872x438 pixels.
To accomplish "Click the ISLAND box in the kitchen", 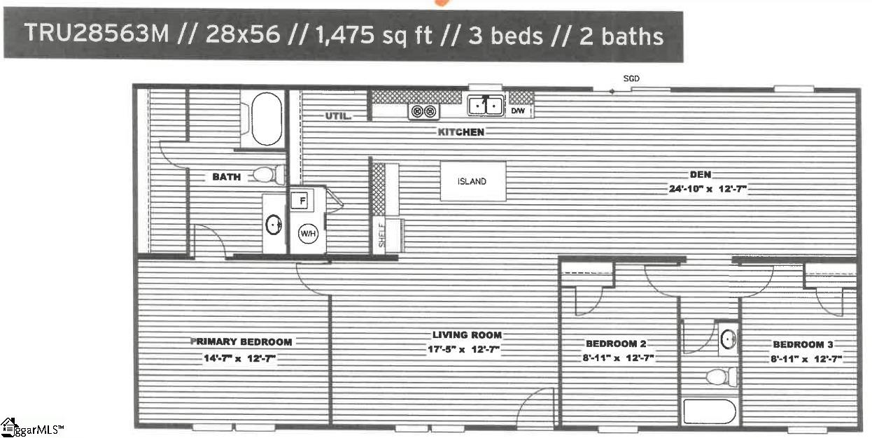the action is point(473,181).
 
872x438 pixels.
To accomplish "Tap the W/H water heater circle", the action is point(308,234).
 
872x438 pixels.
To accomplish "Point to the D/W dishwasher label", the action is point(518,111).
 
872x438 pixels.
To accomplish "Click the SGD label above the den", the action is point(631,78).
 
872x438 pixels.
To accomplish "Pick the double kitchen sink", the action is point(486,105).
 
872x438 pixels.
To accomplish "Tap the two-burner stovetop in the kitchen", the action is point(423,112).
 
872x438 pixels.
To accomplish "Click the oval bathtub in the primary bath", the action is point(267,119).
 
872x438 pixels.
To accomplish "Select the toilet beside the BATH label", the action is point(269,174).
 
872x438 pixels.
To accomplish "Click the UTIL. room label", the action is point(338,116).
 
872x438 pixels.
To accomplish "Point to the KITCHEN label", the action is point(461,132).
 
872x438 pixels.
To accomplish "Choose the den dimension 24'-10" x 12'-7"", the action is point(708,189).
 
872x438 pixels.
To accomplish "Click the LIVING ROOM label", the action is point(467,335).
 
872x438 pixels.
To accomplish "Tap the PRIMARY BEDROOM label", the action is point(241,342).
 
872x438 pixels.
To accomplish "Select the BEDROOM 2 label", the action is point(616,344).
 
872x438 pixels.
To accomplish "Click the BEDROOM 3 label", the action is point(803,344).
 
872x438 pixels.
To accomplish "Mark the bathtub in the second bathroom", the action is point(710,411).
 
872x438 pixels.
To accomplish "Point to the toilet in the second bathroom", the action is point(722,376).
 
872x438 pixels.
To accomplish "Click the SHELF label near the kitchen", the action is point(381,235).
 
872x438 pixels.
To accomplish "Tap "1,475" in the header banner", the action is point(344,35).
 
